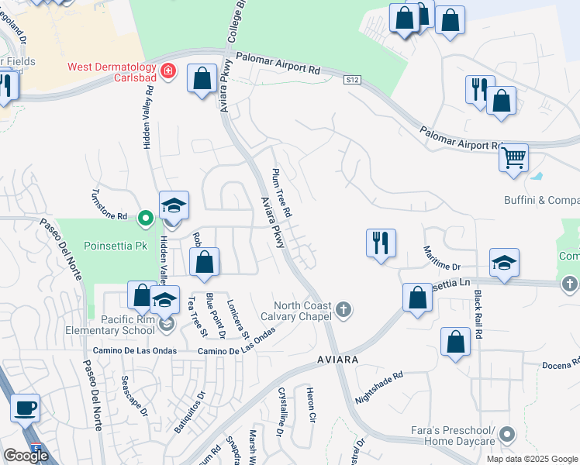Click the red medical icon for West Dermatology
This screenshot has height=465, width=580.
pyautogui.click(x=169, y=72)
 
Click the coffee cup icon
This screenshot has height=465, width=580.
pyautogui.click(x=25, y=408)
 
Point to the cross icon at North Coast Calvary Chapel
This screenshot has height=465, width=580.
pyautogui.click(x=345, y=312)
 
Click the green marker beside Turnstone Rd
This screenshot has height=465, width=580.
pyautogui.click(x=145, y=218)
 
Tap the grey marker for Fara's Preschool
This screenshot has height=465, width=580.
pyautogui.click(x=508, y=433)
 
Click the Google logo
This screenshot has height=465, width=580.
pyautogui.click(x=26, y=455)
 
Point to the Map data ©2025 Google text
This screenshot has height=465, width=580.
pyautogui.click(x=533, y=459)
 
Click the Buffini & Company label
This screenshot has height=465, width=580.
pyautogui.click(x=539, y=200)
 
